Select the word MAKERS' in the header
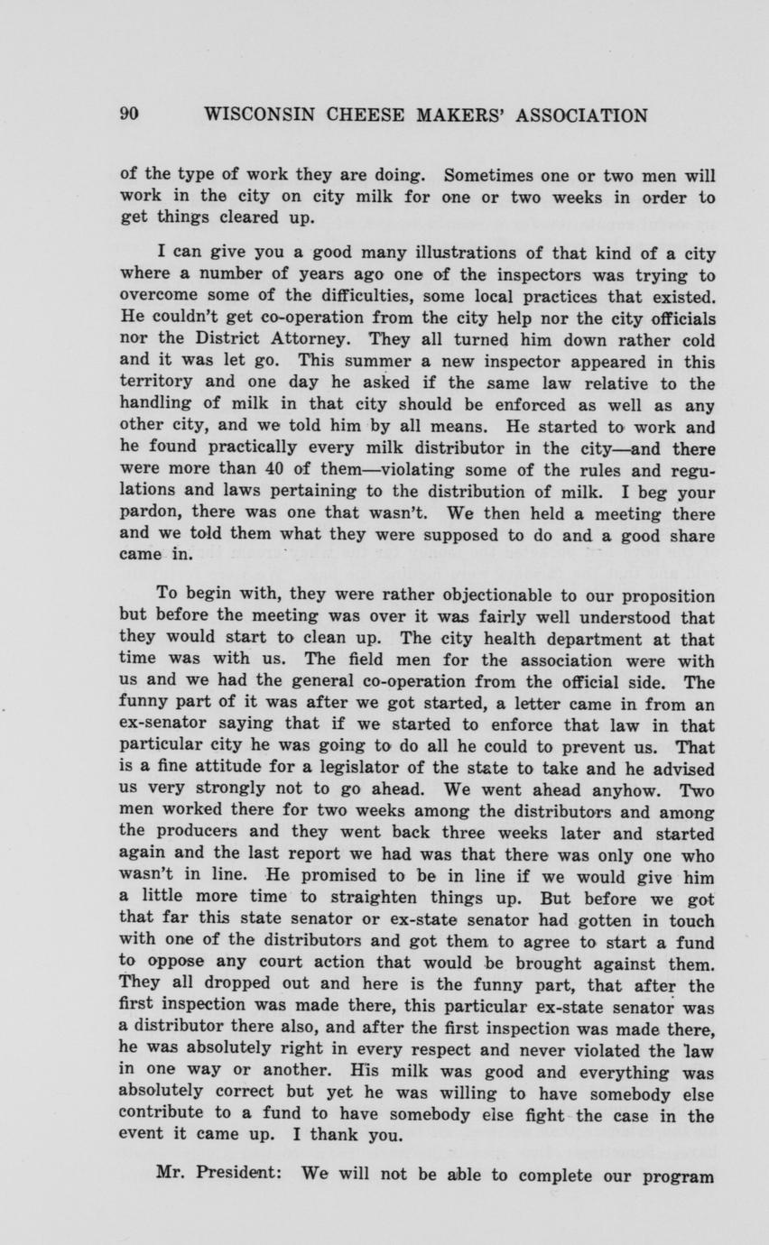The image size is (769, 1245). point(460,115)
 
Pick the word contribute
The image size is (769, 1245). point(162,1116)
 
